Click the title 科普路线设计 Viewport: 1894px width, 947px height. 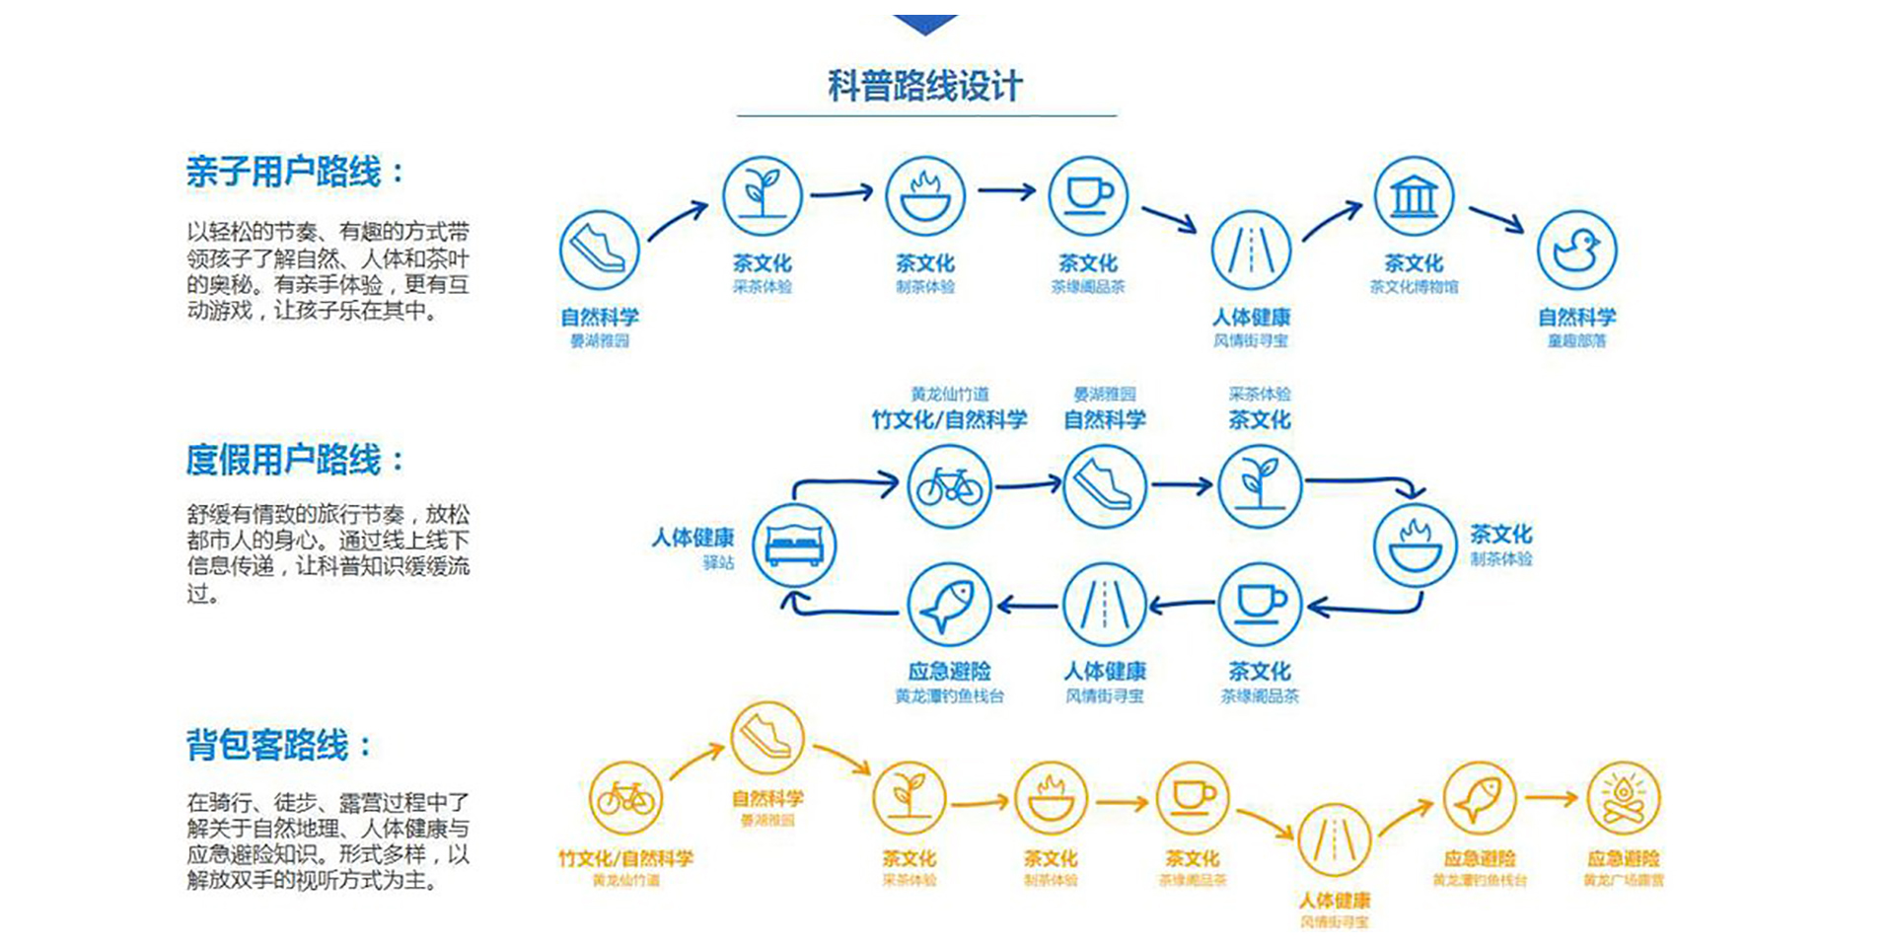(x=924, y=86)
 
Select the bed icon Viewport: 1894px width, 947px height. (x=794, y=546)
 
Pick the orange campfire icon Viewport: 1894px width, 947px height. (x=1624, y=798)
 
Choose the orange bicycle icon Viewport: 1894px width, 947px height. (x=625, y=798)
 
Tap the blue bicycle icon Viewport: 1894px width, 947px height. (x=949, y=486)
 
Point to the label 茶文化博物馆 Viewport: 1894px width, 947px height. (x=1414, y=287)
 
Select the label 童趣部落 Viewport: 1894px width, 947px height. (x=1576, y=341)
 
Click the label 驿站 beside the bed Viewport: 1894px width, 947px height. (x=718, y=562)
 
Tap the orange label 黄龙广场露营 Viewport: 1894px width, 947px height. (x=1624, y=880)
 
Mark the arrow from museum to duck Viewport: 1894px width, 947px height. (x=1496, y=219)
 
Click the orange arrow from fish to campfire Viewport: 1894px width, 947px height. (x=1551, y=798)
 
